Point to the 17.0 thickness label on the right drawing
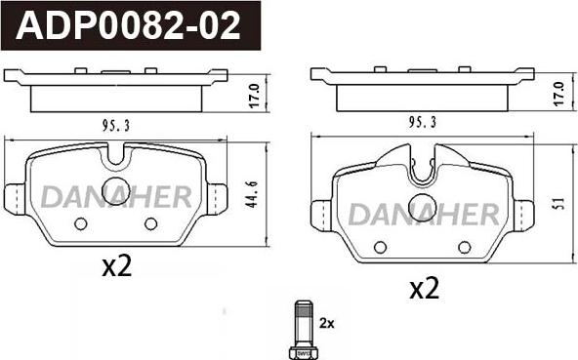[558, 97]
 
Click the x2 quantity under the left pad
[116, 266]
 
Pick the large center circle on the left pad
[116, 191]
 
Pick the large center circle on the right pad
[423, 207]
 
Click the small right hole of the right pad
[464, 246]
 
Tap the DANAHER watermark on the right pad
[424, 214]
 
